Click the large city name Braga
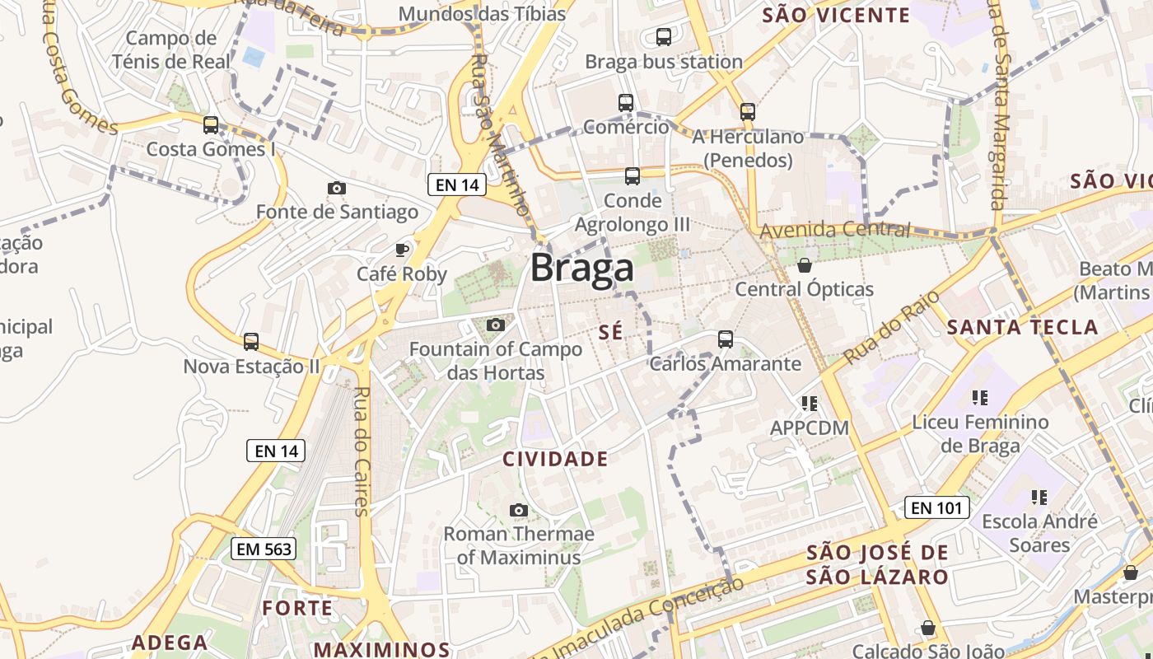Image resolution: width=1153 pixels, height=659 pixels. (582, 268)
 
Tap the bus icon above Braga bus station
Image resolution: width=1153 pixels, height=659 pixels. (663, 37)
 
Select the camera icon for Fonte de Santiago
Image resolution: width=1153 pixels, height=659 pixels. (336, 189)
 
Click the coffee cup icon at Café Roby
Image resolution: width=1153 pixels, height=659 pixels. (402, 250)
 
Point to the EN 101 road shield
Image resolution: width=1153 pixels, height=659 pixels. (937, 507)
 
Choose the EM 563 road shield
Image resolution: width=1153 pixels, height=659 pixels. (263, 549)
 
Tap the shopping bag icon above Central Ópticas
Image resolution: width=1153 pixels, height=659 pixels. (805, 265)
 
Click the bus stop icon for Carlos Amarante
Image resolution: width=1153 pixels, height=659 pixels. (725, 339)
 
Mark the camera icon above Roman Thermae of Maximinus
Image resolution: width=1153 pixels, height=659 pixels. (518, 510)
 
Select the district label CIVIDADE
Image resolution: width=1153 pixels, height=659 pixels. (555, 460)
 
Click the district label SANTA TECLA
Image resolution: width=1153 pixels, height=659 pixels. (1022, 327)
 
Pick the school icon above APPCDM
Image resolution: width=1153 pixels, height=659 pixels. (809, 404)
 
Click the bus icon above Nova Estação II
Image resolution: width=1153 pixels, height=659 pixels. (251, 341)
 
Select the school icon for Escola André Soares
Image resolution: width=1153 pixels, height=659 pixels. (1039, 498)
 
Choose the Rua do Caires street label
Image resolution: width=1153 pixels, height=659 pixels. (361, 451)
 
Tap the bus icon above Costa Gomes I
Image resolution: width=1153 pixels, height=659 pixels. (211, 125)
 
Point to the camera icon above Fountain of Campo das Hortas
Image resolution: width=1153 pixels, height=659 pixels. (495, 325)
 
